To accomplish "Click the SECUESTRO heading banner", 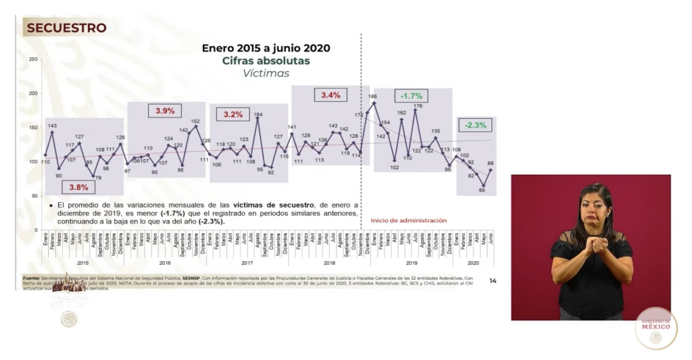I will click(x=66, y=28).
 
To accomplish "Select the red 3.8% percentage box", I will click(x=74, y=187).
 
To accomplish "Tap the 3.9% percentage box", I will click(x=165, y=111).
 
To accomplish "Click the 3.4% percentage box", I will click(x=330, y=95).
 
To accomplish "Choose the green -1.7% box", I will click(x=412, y=96).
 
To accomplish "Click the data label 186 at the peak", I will click(x=372, y=97).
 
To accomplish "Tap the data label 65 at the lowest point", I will click(x=483, y=191).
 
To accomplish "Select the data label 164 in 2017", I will click(x=258, y=114).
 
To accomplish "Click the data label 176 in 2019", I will click(x=418, y=105).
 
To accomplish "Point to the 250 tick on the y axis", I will click(x=32, y=59).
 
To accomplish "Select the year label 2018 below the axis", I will click(x=329, y=262).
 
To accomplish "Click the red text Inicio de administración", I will click(x=408, y=220).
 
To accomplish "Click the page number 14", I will click(x=493, y=280).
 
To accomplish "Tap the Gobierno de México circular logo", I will click(x=656, y=328).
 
